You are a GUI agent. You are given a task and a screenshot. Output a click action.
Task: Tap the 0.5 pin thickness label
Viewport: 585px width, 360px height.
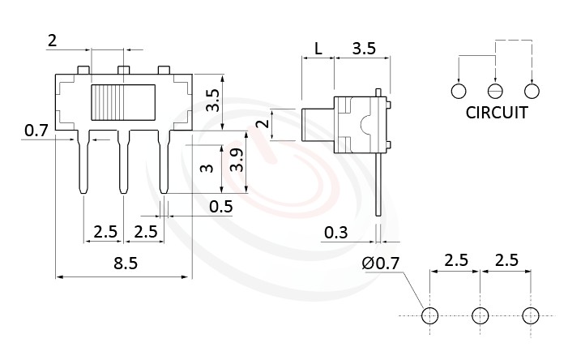click(x=220, y=207)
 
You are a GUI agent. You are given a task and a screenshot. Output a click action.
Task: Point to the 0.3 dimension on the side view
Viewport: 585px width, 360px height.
click(x=336, y=234)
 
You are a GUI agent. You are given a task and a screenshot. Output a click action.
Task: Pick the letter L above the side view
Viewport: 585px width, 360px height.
click(x=318, y=49)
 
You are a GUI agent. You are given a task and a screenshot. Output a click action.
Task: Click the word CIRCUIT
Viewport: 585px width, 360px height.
click(x=496, y=113)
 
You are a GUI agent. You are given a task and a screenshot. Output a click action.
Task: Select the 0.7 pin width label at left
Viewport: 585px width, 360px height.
click(x=36, y=130)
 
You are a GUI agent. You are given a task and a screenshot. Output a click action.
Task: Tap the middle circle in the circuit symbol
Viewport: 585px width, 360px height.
click(x=495, y=91)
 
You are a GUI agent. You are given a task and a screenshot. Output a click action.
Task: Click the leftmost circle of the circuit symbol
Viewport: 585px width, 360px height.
click(x=459, y=91)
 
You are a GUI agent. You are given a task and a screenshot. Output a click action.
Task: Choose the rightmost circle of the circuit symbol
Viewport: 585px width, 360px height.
click(x=532, y=91)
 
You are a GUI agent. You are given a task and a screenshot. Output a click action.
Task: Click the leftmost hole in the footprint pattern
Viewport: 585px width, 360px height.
click(x=429, y=315)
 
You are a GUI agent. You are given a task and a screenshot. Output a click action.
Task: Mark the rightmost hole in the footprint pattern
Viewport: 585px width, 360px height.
click(x=531, y=315)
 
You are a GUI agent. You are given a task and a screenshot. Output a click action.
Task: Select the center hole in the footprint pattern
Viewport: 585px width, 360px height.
click(x=480, y=315)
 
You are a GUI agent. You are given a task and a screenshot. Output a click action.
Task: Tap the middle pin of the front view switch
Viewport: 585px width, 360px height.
click(x=124, y=162)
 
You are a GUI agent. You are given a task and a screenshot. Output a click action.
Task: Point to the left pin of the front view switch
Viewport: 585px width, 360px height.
click(x=83, y=162)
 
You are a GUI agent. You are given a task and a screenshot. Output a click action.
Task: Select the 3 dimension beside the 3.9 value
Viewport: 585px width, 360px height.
click(x=207, y=168)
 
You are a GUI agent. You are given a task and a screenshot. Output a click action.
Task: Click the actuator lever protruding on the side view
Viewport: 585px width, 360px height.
click(x=317, y=126)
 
